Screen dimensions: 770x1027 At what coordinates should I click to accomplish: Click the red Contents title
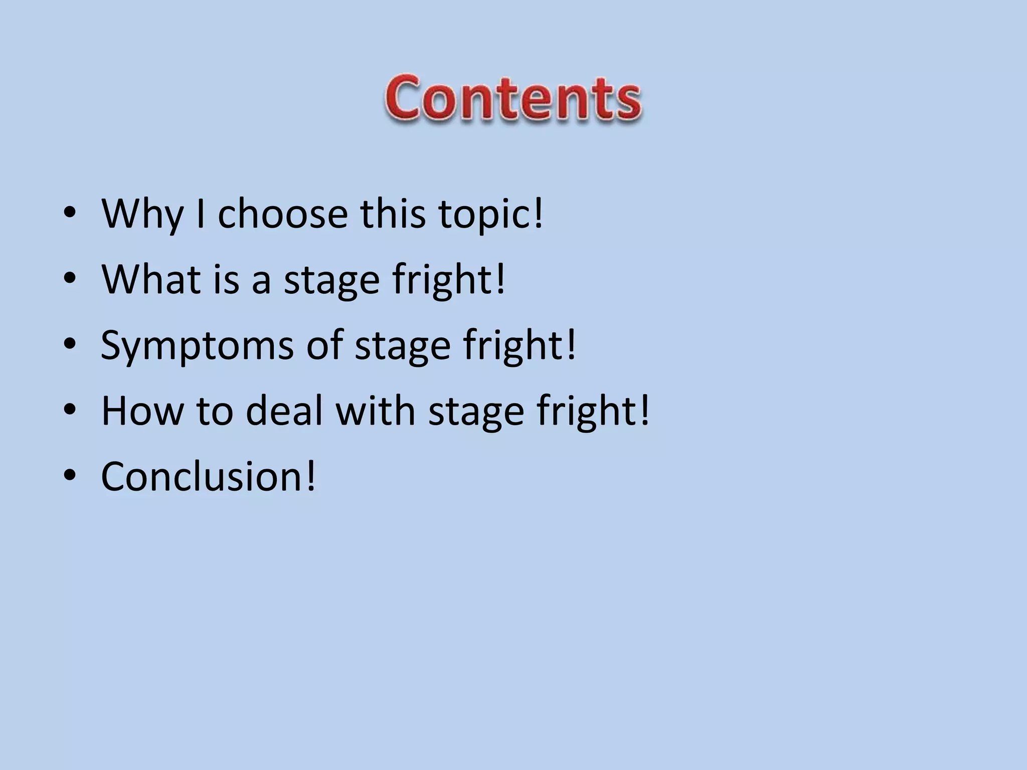(512, 98)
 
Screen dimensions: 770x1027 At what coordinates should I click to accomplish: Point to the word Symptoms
(197, 346)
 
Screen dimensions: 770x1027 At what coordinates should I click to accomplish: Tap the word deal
(284, 411)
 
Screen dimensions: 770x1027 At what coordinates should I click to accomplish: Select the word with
(375, 411)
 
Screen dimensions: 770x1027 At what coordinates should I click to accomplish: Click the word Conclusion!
(209, 476)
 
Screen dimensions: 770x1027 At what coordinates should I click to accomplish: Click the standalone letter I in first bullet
(200, 214)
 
